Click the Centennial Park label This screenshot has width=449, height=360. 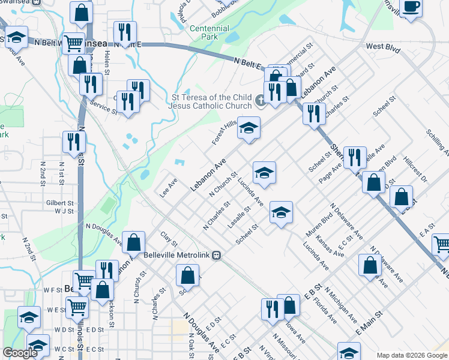tap(209, 32)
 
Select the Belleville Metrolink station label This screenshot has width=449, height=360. tap(178, 254)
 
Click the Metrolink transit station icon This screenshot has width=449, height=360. tap(217, 255)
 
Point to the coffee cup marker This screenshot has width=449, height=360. tap(411, 7)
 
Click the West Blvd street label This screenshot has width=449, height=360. tap(382, 46)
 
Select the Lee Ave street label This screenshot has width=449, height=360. tap(167, 187)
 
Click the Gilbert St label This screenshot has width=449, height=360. tap(59, 203)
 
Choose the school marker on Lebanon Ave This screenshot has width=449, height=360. tap(249, 128)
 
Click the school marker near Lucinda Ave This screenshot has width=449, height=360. tap(264, 173)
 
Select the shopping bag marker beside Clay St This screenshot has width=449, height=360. tap(134, 242)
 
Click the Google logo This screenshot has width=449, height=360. tap(20, 353)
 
